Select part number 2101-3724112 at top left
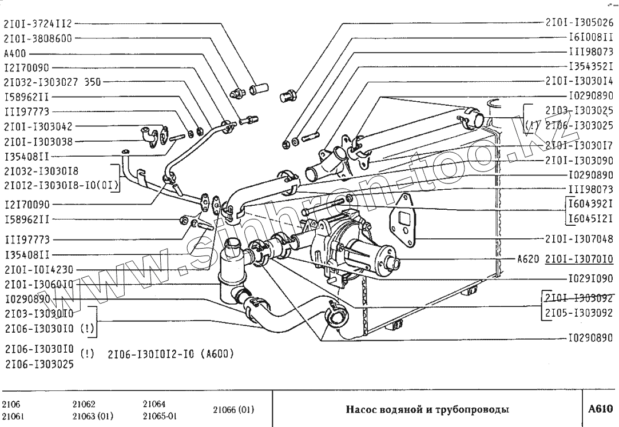(x=38, y=24)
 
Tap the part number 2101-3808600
(x=38, y=39)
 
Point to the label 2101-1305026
(x=579, y=24)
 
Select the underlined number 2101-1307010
(x=579, y=258)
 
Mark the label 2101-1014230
(x=38, y=269)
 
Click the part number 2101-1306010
(x=38, y=284)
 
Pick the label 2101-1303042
(x=38, y=126)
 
